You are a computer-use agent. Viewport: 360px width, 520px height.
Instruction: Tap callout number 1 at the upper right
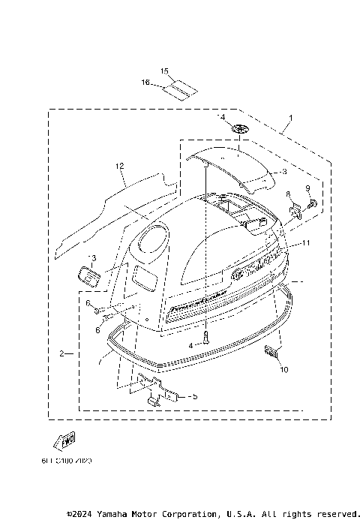(x=291, y=119)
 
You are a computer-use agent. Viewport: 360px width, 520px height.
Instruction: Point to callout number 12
(x=119, y=165)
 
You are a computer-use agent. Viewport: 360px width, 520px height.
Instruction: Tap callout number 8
(x=286, y=195)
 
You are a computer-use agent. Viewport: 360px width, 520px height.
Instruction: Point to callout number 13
(x=92, y=257)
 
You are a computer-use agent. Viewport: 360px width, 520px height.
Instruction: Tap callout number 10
(x=284, y=369)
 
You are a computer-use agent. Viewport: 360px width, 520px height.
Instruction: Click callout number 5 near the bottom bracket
(x=193, y=396)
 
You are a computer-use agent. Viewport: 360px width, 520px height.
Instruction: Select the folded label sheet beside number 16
(x=180, y=89)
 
